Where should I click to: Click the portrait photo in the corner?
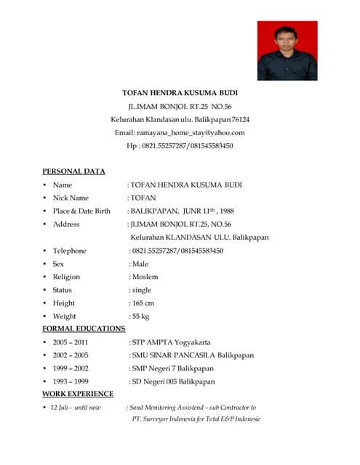(x=287, y=50)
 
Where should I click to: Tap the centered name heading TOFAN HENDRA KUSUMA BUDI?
(x=180, y=93)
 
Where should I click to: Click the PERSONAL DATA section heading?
(x=73, y=171)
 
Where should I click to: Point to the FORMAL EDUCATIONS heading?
(x=84, y=328)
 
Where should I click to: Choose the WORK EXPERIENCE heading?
(x=78, y=394)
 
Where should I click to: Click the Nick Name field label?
(x=71, y=198)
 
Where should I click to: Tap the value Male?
(x=140, y=264)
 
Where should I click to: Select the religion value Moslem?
(x=145, y=277)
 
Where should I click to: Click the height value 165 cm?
(x=143, y=303)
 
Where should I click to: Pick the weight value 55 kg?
(x=141, y=316)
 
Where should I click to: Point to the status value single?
(x=142, y=290)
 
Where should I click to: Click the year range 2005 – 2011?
(x=70, y=342)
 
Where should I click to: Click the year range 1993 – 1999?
(x=70, y=381)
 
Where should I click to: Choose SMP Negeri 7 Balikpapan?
(x=173, y=368)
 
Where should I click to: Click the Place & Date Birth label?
(x=81, y=211)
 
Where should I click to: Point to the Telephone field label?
(x=69, y=251)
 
